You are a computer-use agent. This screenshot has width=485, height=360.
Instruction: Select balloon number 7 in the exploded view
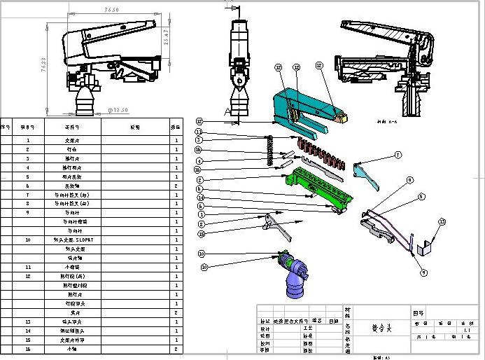(398, 155)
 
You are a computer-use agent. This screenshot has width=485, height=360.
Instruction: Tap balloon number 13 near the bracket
(442, 221)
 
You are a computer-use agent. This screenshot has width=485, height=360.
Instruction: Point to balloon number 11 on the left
(199, 132)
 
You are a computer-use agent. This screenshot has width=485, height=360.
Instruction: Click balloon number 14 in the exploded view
(199, 198)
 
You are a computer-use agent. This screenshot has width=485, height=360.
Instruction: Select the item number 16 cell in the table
(28, 348)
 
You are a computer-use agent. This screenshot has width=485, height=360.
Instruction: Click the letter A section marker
(227, 111)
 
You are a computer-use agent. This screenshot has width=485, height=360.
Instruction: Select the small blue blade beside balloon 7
(368, 174)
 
